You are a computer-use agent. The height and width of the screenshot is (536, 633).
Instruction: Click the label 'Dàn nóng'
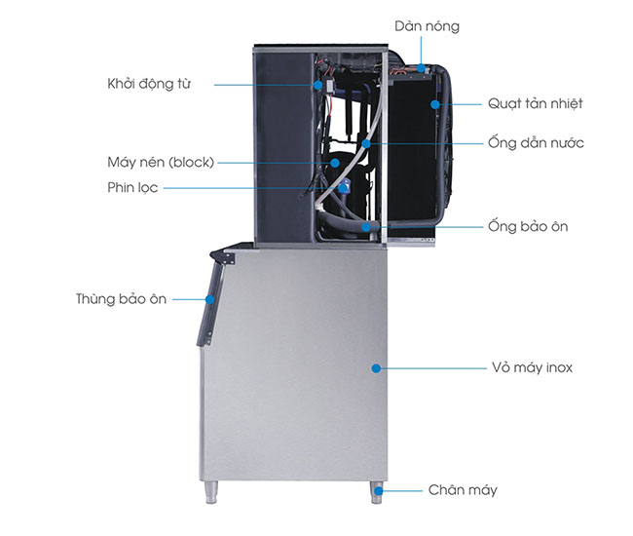(x=427, y=26)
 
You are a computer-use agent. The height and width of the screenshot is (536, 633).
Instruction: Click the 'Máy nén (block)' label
(x=161, y=162)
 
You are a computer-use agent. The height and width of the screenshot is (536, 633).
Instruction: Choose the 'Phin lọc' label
(x=132, y=187)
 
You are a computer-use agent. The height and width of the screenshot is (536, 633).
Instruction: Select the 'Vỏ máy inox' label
(x=532, y=368)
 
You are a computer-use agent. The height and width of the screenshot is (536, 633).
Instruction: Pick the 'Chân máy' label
(x=463, y=489)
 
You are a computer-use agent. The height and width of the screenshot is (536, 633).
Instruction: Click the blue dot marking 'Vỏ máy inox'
(x=375, y=368)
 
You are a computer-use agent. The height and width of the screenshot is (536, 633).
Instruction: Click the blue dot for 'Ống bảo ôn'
(x=366, y=226)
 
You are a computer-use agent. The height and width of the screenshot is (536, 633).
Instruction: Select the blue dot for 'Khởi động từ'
(x=319, y=84)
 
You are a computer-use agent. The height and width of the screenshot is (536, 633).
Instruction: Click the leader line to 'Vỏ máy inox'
(x=428, y=368)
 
